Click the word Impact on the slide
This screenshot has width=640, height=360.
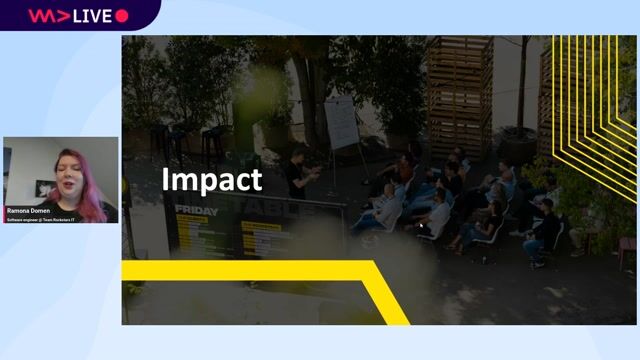pos(212,180)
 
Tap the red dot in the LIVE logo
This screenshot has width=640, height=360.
pos(122,16)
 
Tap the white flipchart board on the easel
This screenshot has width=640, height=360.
pos(341,122)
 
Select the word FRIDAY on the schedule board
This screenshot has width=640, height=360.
pos(196,211)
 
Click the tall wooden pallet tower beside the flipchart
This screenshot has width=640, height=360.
pos(459,95)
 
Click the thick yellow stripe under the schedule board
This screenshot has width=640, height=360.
pos(250,270)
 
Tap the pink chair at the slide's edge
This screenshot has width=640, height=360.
pos(626,250)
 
